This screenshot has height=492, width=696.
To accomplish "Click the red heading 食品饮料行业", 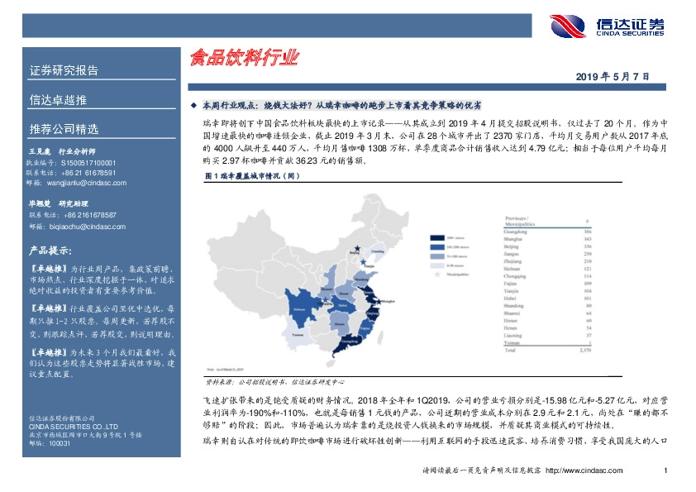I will click(x=244, y=58).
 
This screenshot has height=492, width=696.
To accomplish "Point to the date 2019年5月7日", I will click(x=613, y=76).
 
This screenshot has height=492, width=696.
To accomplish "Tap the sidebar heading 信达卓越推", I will click(x=58, y=100).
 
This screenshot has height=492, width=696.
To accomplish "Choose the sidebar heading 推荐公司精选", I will click(x=64, y=129).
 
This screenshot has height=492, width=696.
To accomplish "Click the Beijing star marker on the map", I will click(x=356, y=248).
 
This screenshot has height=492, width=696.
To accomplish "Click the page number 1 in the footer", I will click(x=665, y=471).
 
